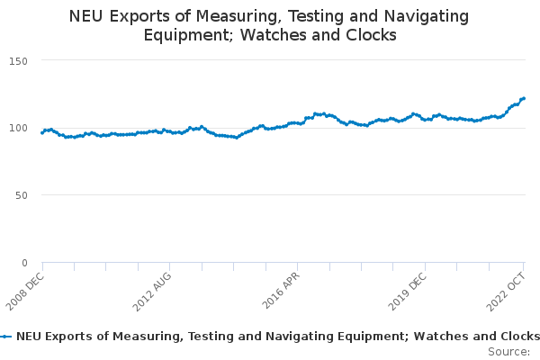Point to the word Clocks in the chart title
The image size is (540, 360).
371,35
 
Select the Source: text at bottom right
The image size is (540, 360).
508,351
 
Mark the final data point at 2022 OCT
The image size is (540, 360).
524,98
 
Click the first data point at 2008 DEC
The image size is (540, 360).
42,132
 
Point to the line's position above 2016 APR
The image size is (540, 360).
297,122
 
